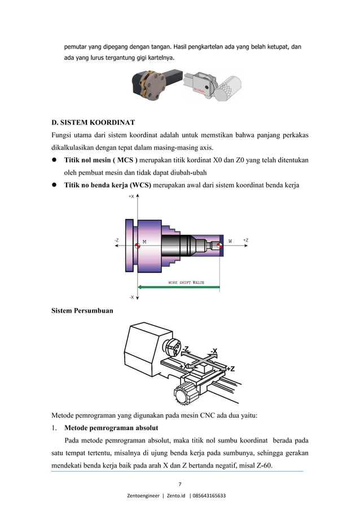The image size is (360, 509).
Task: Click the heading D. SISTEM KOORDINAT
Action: (93, 122)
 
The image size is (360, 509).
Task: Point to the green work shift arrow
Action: (181, 287)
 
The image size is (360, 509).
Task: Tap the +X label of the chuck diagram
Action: (131, 197)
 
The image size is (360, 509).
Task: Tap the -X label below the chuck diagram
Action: (131, 296)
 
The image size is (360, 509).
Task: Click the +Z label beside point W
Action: (245, 240)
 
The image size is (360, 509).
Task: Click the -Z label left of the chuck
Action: (116, 240)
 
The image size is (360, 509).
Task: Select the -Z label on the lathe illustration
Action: (186, 348)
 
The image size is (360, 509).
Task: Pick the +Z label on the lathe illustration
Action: (230, 369)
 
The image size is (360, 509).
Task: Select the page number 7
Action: (179, 484)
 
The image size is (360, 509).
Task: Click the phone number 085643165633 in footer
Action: (209, 496)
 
